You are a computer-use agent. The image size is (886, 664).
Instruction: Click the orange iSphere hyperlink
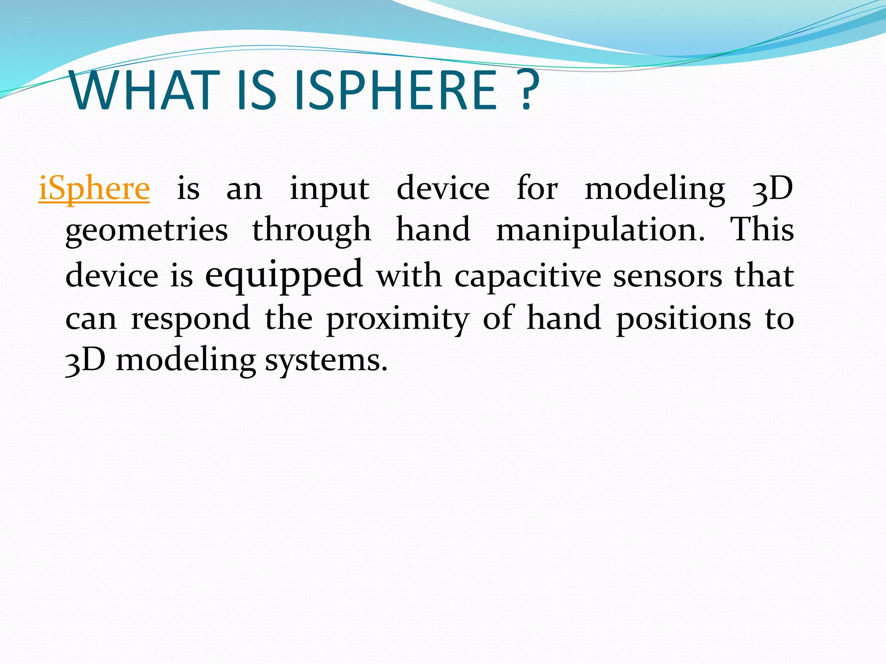tap(94, 189)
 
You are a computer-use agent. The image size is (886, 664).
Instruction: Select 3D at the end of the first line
tap(773, 189)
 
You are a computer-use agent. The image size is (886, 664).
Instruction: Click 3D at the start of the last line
tap(85, 361)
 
